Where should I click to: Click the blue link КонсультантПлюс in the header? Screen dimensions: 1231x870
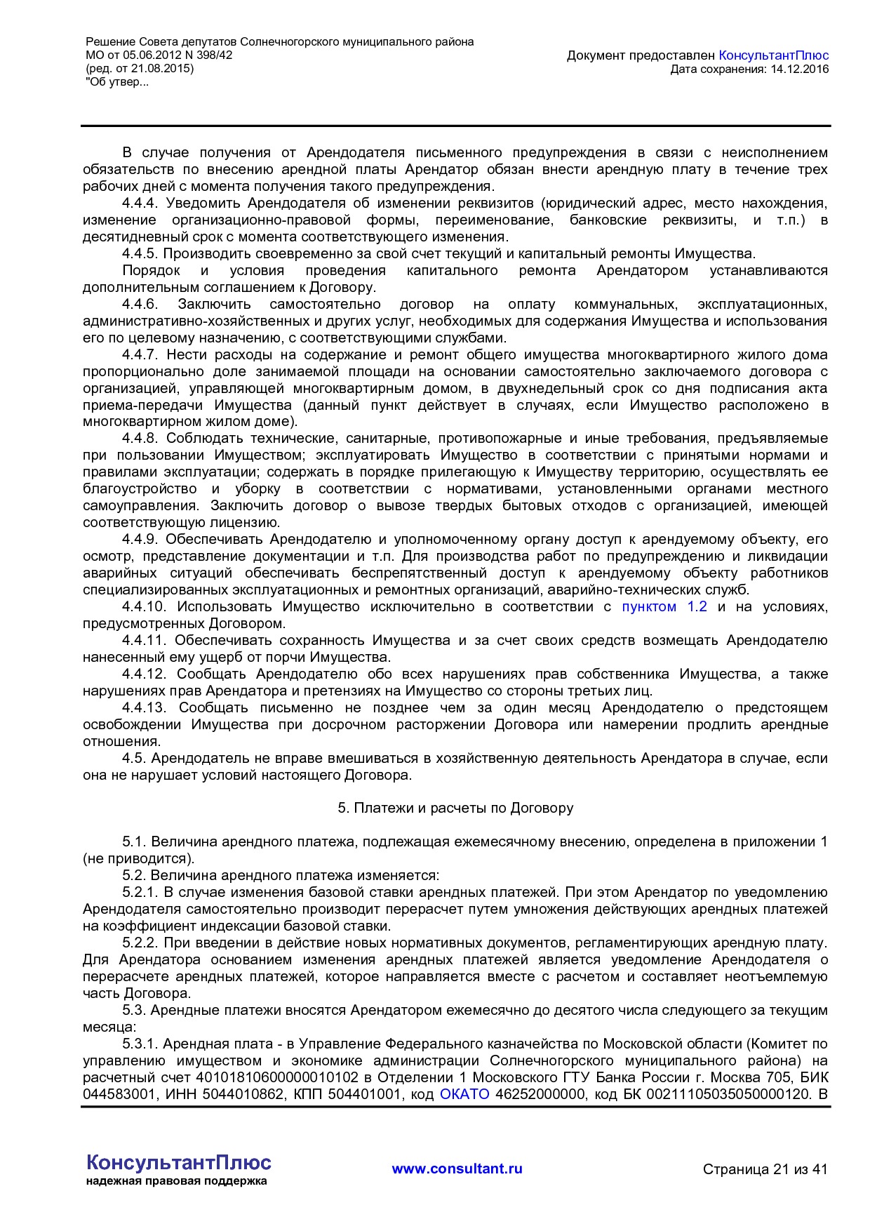(x=774, y=55)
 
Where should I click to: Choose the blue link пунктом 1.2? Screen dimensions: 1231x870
(x=664, y=607)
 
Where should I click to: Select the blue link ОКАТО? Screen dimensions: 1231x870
(x=464, y=1095)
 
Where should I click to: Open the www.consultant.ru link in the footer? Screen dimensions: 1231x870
(x=457, y=1169)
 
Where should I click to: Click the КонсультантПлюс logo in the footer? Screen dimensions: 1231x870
(x=178, y=1163)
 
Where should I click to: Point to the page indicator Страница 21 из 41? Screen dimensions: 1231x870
(x=765, y=1169)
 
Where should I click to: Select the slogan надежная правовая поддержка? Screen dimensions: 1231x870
(x=176, y=1181)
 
